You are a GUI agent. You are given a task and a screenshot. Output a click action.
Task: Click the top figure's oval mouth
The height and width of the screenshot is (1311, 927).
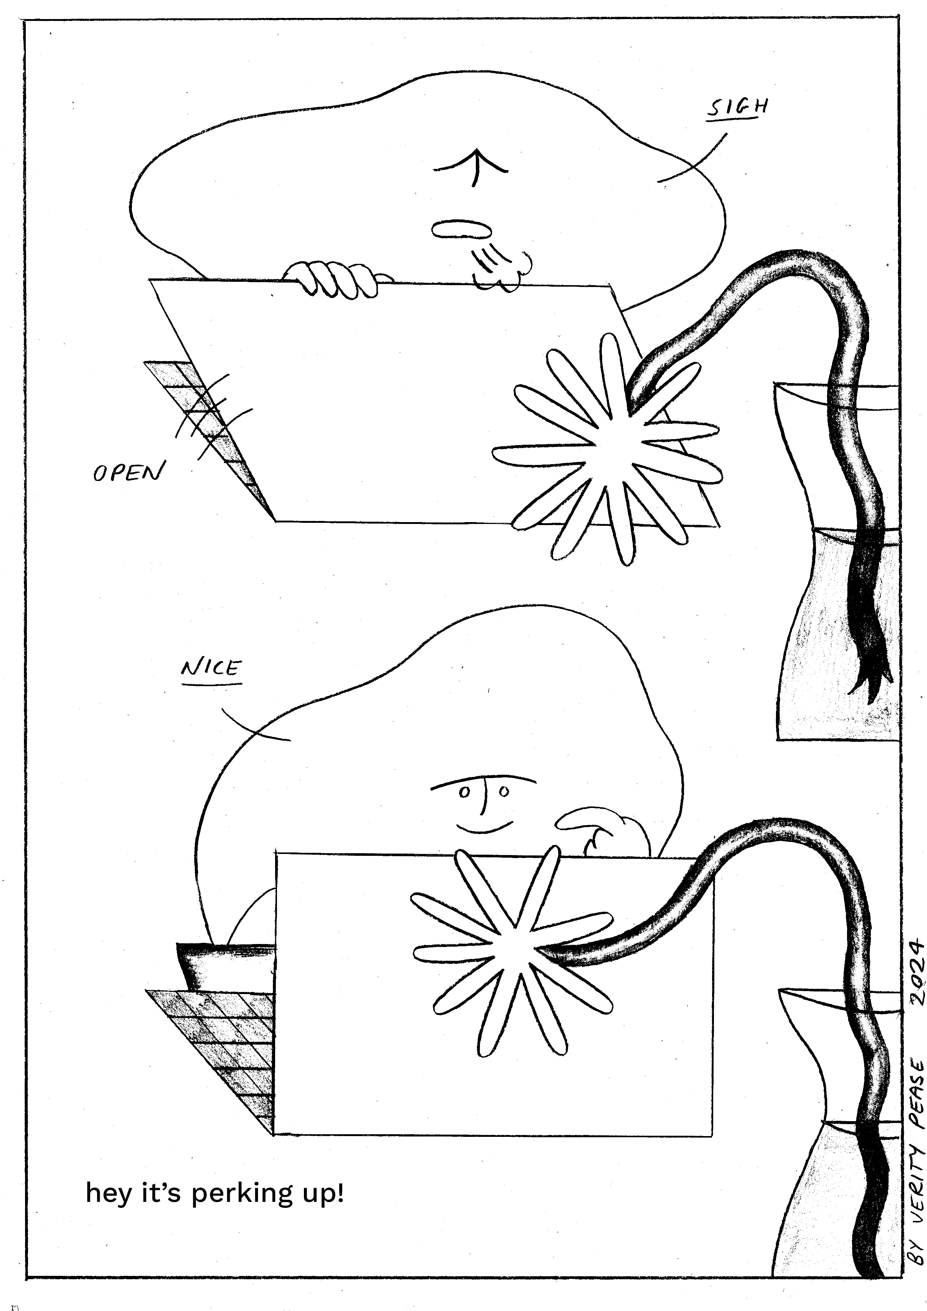(x=461, y=229)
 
